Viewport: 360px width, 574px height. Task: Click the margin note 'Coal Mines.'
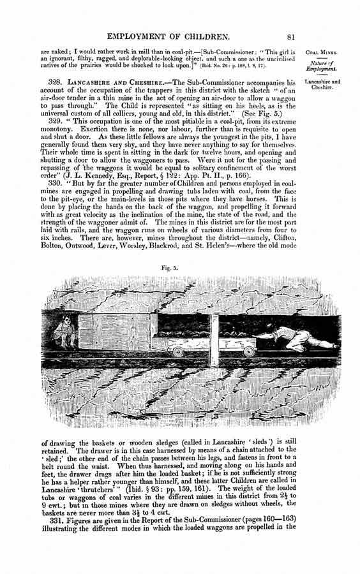[x=321, y=53]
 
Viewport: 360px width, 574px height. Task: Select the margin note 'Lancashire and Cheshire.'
[x=322, y=84]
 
